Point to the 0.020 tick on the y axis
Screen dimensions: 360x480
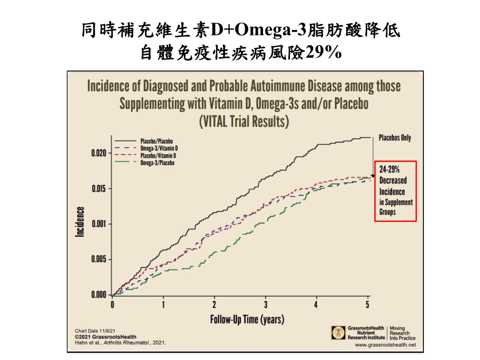click(x=99, y=154)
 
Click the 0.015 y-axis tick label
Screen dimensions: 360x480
click(x=99, y=189)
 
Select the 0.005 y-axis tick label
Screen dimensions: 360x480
click(x=99, y=260)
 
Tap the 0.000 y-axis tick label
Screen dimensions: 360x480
click(x=99, y=295)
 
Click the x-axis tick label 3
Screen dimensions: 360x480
click(x=265, y=304)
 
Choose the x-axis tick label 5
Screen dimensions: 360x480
click(x=368, y=304)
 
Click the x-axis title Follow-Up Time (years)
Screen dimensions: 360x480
click(x=247, y=319)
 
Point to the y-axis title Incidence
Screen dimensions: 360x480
click(x=80, y=221)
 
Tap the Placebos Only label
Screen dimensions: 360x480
click(x=395, y=138)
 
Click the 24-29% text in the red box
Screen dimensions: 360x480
click(x=389, y=170)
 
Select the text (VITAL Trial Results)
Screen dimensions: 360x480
click(x=244, y=121)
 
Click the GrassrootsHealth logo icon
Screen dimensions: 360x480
click(x=338, y=332)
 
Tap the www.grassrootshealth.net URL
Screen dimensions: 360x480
click(x=385, y=345)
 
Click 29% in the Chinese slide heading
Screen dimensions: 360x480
click(x=323, y=52)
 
